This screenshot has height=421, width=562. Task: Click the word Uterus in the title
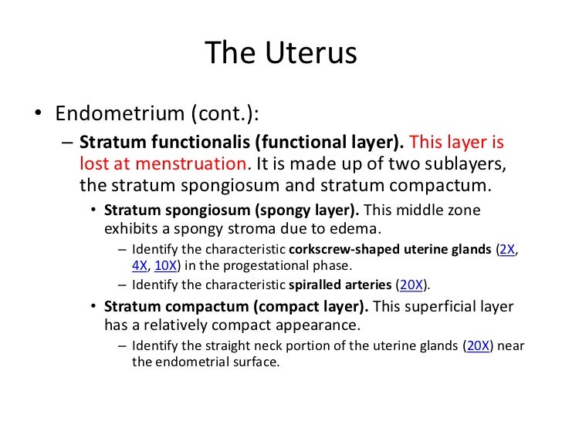319,53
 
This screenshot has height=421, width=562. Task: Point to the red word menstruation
203,163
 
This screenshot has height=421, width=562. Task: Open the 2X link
508,249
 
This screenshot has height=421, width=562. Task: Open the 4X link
140,266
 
